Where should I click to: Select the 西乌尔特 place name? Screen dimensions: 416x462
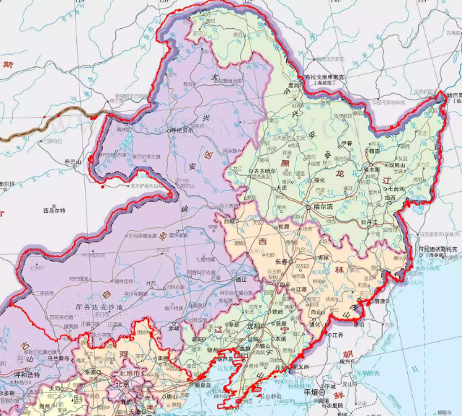(x=53, y=211)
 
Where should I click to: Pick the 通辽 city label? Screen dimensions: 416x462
(x=240, y=278)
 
